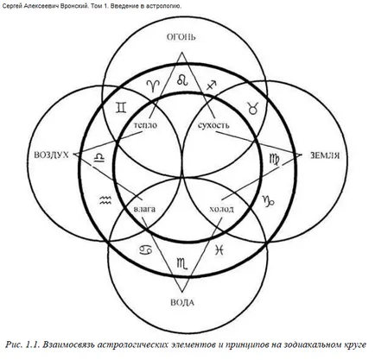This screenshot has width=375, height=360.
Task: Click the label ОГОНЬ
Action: click(x=181, y=37)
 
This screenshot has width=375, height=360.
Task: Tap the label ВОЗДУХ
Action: click(x=52, y=155)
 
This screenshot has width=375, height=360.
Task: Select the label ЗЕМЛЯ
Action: click(x=325, y=155)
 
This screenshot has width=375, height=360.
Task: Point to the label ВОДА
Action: click(x=182, y=302)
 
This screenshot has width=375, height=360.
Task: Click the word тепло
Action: click(x=146, y=125)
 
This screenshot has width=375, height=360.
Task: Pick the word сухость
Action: click(x=213, y=125)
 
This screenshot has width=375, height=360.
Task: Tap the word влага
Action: click(x=144, y=209)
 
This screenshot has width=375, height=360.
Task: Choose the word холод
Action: click(x=221, y=209)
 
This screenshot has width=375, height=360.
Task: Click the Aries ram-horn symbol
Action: click(x=153, y=85)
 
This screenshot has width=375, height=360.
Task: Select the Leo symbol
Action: click(x=182, y=79)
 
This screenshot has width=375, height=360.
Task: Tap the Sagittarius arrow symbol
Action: click(x=212, y=85)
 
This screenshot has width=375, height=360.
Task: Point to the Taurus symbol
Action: click(x=252, y=108)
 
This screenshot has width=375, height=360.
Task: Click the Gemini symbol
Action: click(x=121, y=107)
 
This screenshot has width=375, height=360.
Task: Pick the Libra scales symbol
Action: click(x=99, y=158)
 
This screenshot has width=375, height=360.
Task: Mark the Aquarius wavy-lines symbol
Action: click(x=105, y=199)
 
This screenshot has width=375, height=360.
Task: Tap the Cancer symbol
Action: click(x=146, y=249)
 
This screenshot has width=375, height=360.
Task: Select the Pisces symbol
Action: click(x=219, y=249)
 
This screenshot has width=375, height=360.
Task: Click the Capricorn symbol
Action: click(x=268, y=201)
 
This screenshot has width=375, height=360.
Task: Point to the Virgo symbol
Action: click(x=274, y=160)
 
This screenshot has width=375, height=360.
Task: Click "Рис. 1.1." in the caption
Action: click(x=22, y=344)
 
